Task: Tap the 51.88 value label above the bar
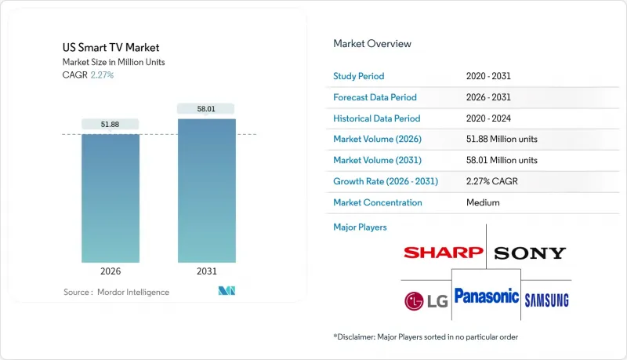click(111, 124)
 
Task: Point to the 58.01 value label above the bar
click(206, 108)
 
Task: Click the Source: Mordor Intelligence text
click(116, 292)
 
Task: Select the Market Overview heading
click(372, 43)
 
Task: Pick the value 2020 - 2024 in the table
click(491, 118)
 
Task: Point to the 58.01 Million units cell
click(502, 161)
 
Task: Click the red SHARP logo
click(443, 253)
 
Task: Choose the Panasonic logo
click(487, 296)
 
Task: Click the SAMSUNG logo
click(546, 300)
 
